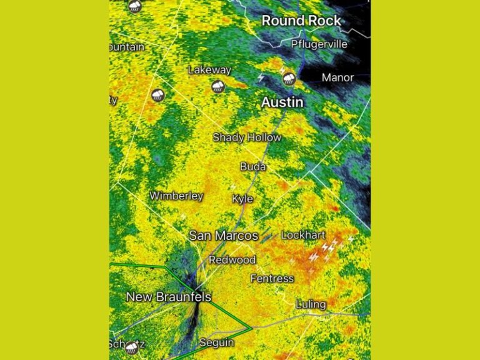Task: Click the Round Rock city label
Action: (x=301, y=21)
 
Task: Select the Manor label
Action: (x=337, y=77)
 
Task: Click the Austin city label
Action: (x=282, y=102)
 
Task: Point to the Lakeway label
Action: (x=209, y=70)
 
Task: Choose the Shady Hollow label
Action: (x=247, y=137)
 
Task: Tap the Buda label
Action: (x=253, y=167)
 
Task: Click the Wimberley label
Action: (x=176, y=196)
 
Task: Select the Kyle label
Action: (x=242, y=199)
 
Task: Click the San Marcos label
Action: (x=223, y=236)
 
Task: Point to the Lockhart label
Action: (x=303, y=235)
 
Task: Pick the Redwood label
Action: (x=232, y=259)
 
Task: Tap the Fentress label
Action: (x=272, y=278)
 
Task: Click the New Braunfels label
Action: (x=169, y=297)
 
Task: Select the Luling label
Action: (x=311, y=304)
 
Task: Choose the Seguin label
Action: (x=216, y=342)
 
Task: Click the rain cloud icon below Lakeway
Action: (x=218, y=86)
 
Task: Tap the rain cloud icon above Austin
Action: (x=289, y=78)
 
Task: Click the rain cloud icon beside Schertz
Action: (x=131, y=347)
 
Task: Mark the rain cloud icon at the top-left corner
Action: (x=134, y=6)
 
